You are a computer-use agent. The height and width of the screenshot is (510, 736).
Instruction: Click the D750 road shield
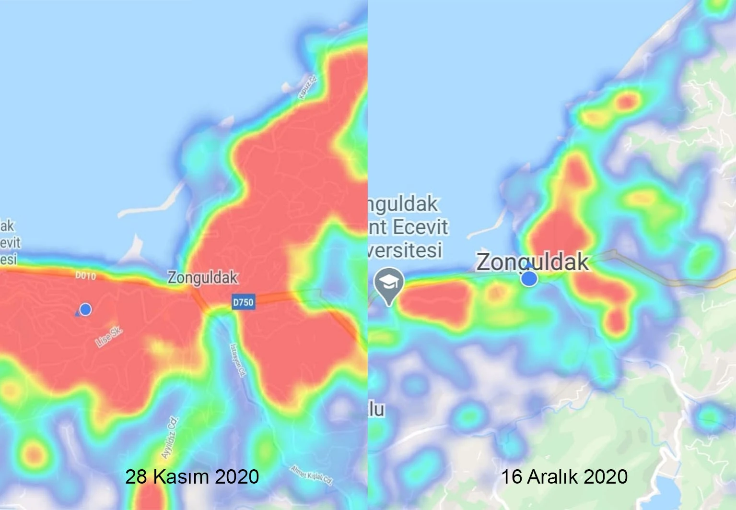click(243, 302)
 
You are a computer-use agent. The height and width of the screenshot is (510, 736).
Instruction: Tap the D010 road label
click(86, 276)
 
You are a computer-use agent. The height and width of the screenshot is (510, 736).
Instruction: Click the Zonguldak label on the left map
click(202, 277)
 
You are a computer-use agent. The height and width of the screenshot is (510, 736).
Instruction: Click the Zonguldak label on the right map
click(532, 262)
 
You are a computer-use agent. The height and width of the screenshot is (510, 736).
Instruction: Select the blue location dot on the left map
click(85, 309)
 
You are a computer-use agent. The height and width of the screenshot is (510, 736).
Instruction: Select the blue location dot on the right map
click(529, 278)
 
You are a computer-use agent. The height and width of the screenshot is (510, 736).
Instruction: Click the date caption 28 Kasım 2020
click(192, 477)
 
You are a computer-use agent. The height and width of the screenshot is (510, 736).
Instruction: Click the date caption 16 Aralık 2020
click(564, 477)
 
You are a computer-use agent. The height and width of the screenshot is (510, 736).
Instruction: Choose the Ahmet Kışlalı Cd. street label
click(311, 475)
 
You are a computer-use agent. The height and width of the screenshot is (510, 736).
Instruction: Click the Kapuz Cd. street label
click(308, 87)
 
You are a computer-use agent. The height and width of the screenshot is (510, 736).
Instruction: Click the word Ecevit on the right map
click(421, 227)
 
